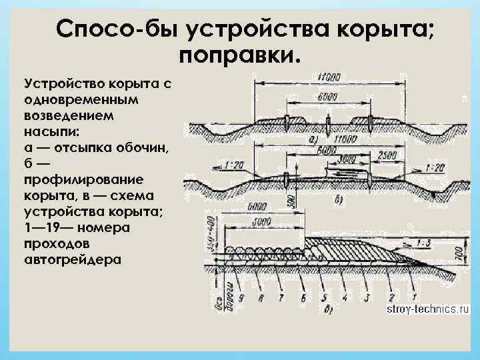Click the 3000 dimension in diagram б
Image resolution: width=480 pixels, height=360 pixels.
(345, 161)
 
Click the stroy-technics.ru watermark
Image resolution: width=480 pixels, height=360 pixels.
(422, 309)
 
